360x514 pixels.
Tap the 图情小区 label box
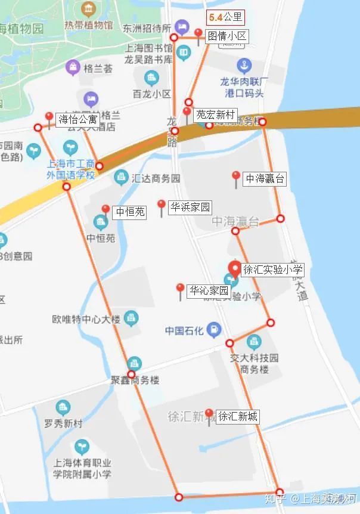(226, 36)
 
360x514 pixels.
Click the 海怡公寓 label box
(77, 119)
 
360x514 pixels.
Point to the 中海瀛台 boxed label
(265, 178)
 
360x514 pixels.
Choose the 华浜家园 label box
(190, 208)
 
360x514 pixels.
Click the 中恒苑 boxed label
(130, 212)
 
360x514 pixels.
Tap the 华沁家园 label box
(209, 292)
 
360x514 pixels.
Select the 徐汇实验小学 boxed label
(273, 270)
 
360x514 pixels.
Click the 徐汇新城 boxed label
(237, 416)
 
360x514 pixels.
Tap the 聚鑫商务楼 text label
(135, 380)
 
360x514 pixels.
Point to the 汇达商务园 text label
(156, 178)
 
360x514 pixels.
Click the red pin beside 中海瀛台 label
(236, 177)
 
